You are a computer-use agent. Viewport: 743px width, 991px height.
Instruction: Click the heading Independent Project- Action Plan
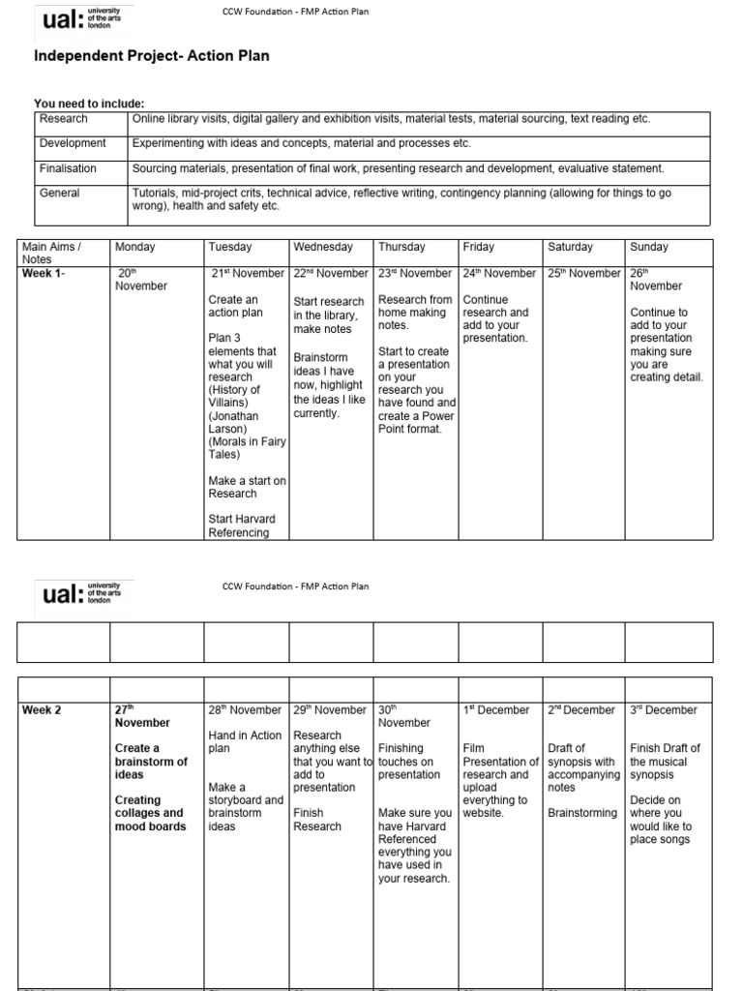tap(152, 56)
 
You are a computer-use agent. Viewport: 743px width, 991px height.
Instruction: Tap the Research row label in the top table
tap(63, 119)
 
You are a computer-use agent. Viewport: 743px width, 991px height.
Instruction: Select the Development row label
tap(73, 143)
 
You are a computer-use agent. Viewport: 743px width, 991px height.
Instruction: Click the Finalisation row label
tap(68, 168)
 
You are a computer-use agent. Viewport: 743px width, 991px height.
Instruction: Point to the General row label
tap(59, 194)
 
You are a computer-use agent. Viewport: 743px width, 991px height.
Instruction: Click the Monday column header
tap(134, 248)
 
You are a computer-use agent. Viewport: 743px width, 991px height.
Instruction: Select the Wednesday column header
tap(323, 248)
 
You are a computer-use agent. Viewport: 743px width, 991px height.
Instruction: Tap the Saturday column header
tap(570, 248)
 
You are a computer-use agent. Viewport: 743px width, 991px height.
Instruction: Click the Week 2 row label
tap(42, 710)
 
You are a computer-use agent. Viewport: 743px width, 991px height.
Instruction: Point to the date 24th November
tap(499, 273)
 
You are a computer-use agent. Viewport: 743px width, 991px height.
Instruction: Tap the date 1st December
tap(496, 710)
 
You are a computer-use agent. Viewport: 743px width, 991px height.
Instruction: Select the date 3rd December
tap(663, 710)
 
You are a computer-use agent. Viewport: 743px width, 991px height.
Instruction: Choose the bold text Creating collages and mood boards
tap(149, 813)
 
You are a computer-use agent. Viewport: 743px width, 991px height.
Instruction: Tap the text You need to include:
tap(89, 104)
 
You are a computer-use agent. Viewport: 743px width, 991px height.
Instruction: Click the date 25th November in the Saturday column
tap(583, 273)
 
